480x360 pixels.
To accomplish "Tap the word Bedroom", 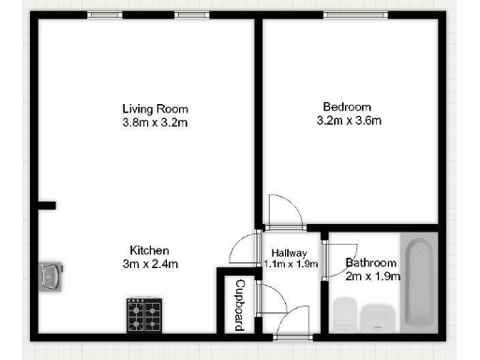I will [x=347, y=106].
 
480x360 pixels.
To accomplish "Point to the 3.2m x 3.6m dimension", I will [x=347, y=120].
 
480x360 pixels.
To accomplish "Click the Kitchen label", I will [x=148, y=250].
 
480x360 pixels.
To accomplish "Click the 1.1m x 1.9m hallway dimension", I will [x=290, y=264].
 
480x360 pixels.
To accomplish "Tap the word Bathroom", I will [x=371, y=262].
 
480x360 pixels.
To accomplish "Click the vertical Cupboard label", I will [x=240, y=304].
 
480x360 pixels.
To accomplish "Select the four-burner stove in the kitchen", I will [x=144, y=314].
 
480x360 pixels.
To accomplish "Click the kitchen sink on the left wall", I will [x=50, y=275].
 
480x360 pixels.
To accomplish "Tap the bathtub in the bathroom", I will [x=418, y=281].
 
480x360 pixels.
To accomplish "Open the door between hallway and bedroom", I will [x=283, y=212].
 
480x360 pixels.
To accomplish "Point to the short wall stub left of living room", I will [x=47, y=204].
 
